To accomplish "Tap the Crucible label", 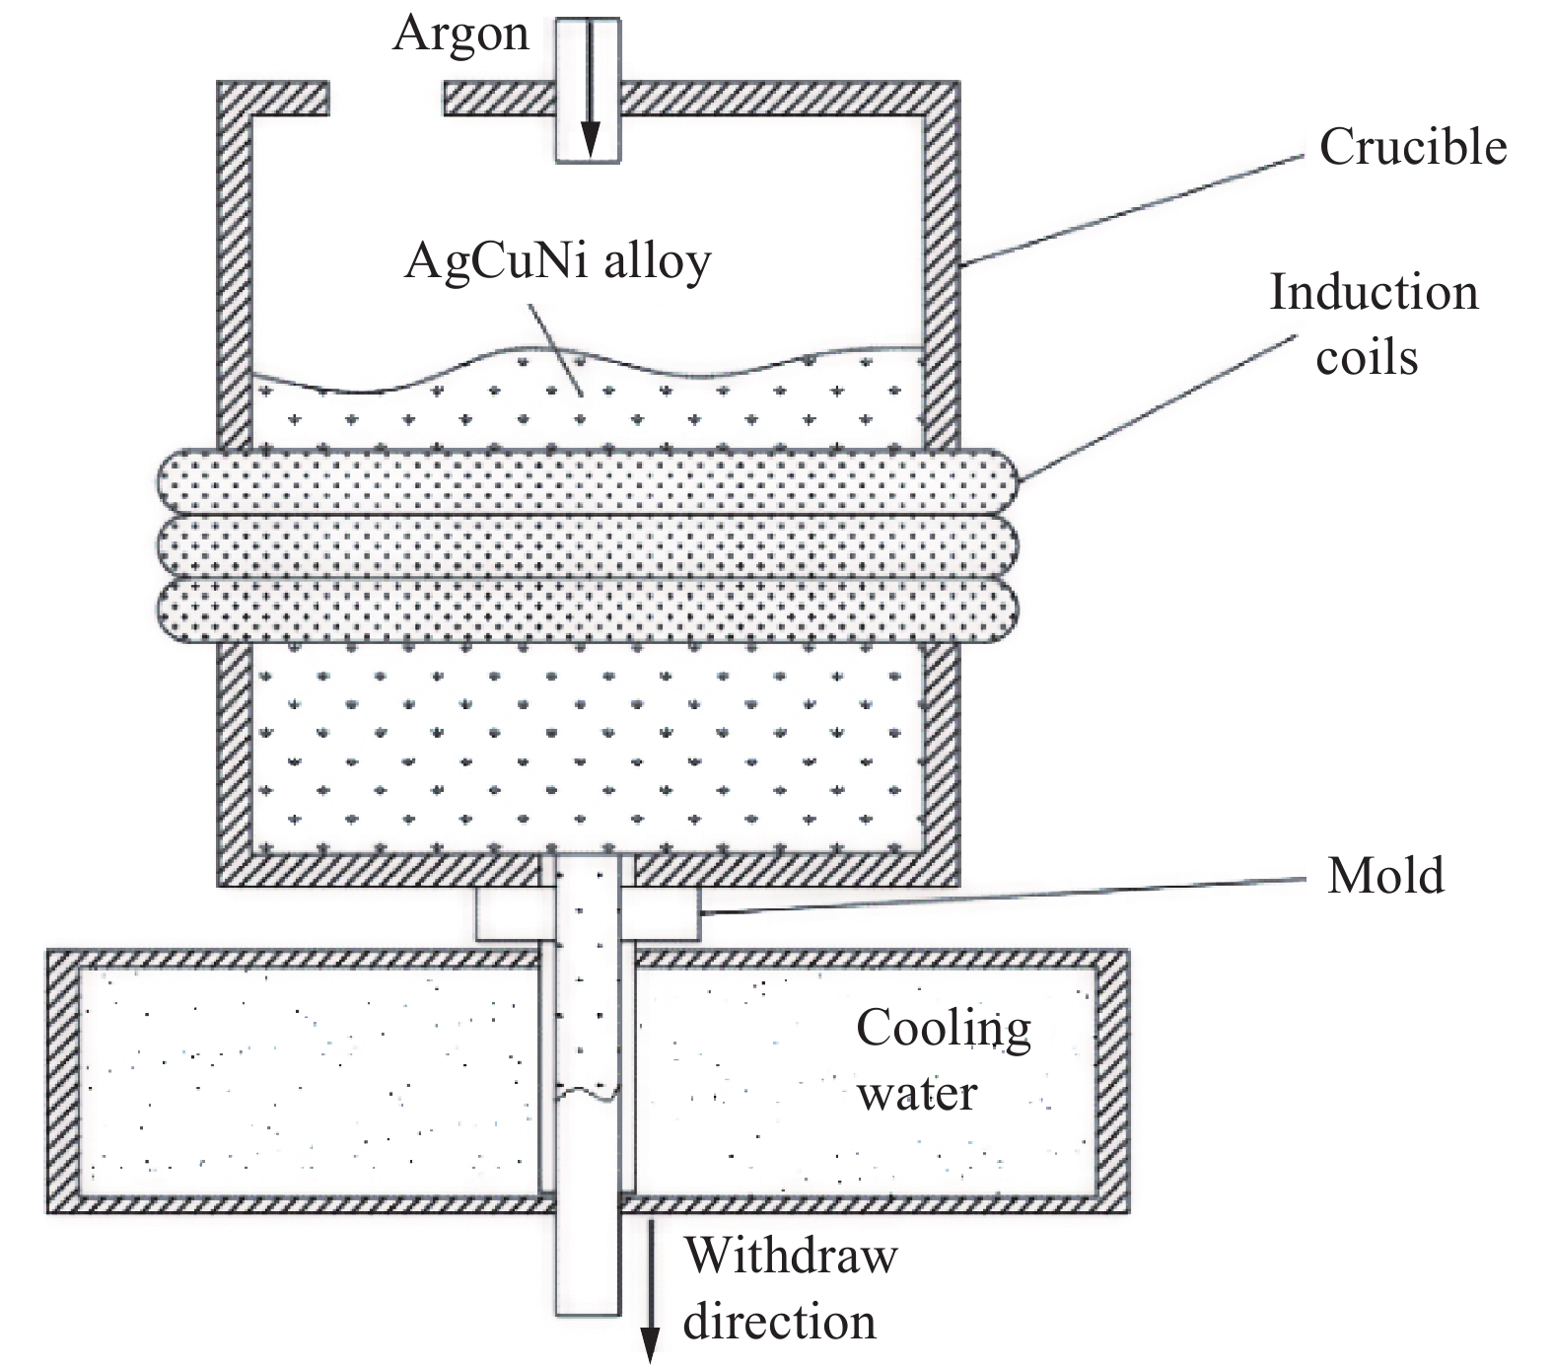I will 1412,148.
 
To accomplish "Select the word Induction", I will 1373,293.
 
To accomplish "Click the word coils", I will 1367,357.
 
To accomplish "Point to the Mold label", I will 1385,875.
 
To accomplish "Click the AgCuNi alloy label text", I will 557,263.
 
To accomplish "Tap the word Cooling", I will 943,1030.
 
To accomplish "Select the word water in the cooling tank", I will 917,1093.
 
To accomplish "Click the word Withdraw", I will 791,1257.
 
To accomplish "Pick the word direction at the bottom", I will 779,1322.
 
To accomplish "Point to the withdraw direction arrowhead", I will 650,1345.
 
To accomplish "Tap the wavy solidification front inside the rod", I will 589,1093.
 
